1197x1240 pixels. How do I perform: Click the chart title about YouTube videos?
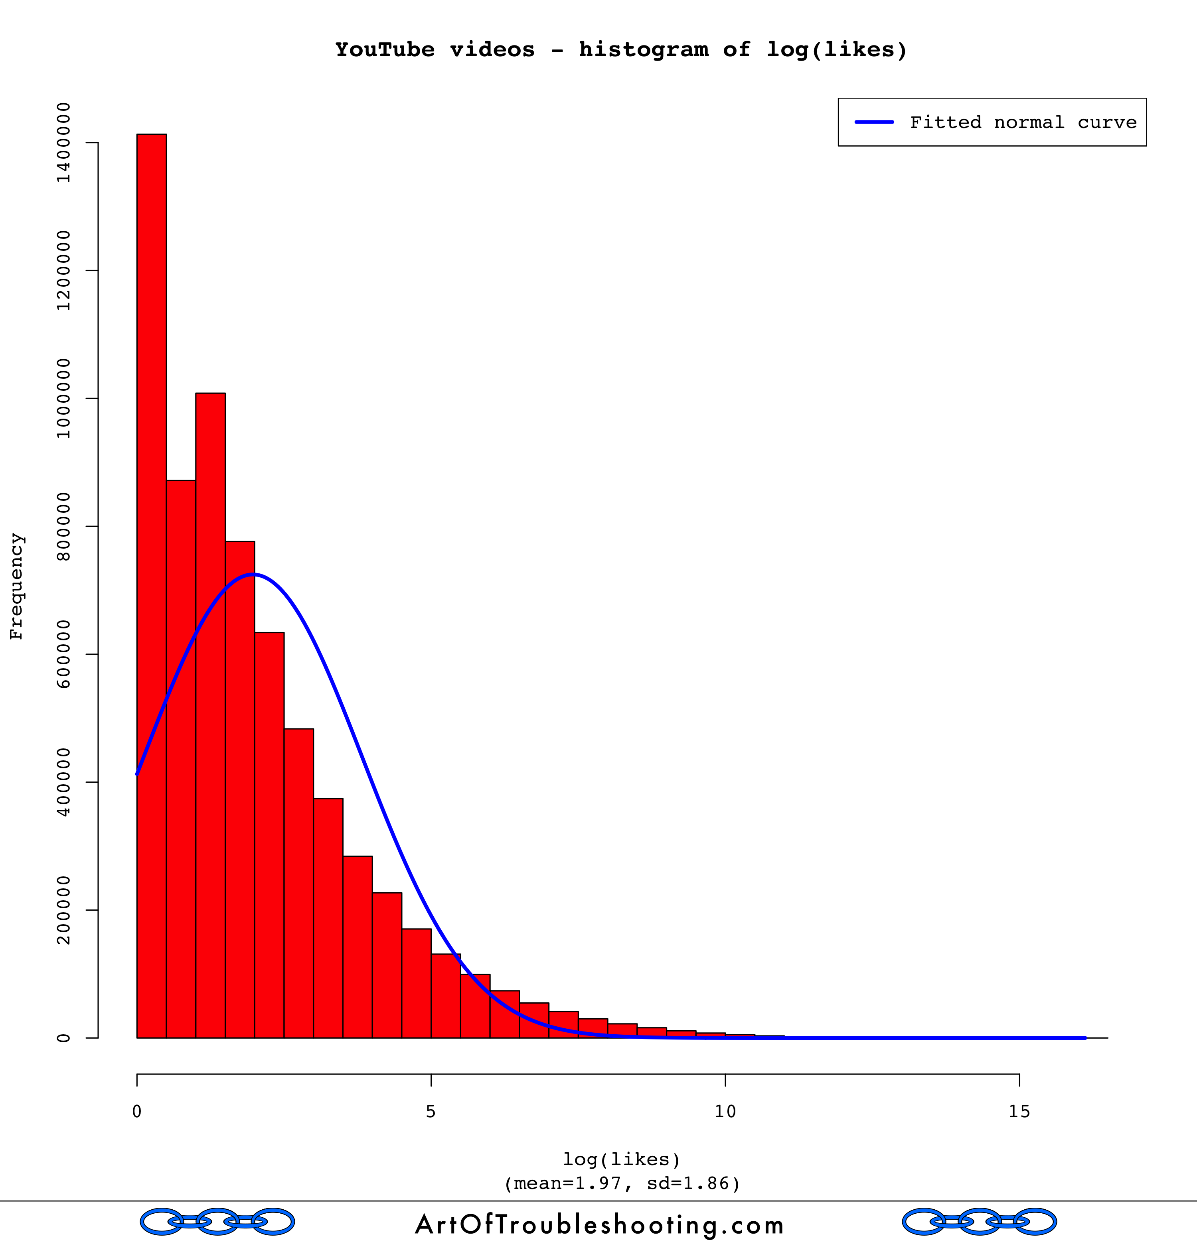tap(621, 49)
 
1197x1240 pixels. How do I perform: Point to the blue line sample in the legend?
tap(874, 122)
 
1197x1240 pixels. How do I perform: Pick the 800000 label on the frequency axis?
tap(63, 526)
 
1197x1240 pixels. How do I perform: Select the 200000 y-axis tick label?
tap(63, 910)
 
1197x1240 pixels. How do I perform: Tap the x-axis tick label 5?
tap(431, 1112)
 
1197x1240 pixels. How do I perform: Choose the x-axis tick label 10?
tap(725, 1112)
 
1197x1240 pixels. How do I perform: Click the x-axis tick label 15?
tap(1019, 1112)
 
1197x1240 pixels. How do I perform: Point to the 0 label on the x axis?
tap(137, 1112)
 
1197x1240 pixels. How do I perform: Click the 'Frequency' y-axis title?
tap(16, 587)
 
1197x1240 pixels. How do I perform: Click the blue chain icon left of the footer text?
tap(217, 1222)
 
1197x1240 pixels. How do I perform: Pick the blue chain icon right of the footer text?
tap(979, 1222)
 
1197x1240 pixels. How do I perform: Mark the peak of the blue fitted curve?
tap(253, 575)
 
